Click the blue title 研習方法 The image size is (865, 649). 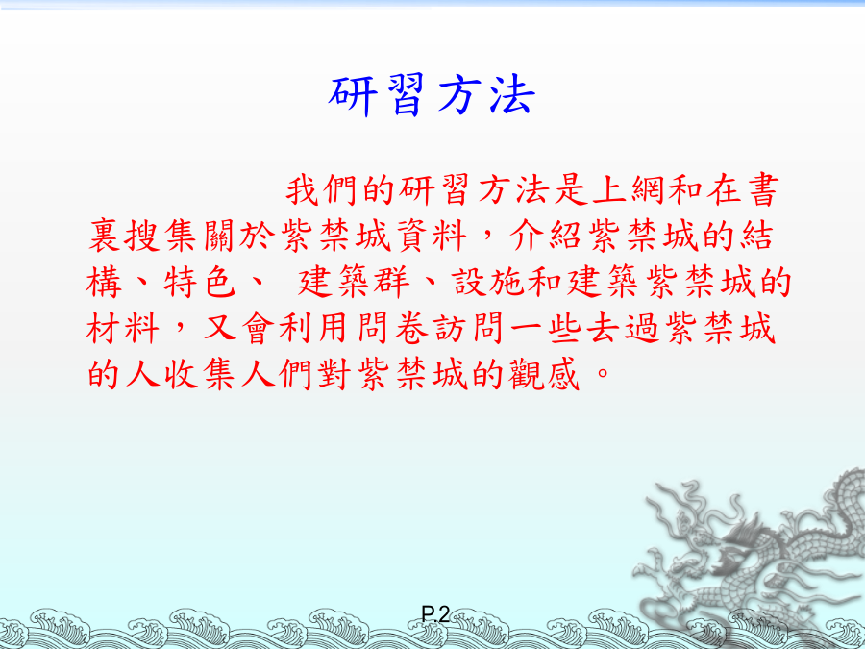tap(432, 95)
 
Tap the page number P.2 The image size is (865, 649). tap(435, 613)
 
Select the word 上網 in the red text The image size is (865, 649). tap(628, 189)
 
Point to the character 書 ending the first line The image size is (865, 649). tap(763, 189)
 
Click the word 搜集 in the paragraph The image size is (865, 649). tap(161, 237)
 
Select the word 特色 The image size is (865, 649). tap(199, 283)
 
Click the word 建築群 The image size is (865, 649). tap(353, 283)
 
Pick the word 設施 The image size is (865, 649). tap(489, 283)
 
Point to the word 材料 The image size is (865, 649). tap(122, 329)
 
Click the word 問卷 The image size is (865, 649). tap(393, 329)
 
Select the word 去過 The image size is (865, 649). tap(624, 329)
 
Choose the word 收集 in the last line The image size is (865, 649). tap(199, 375)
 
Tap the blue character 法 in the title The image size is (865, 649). tap(513, 95)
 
